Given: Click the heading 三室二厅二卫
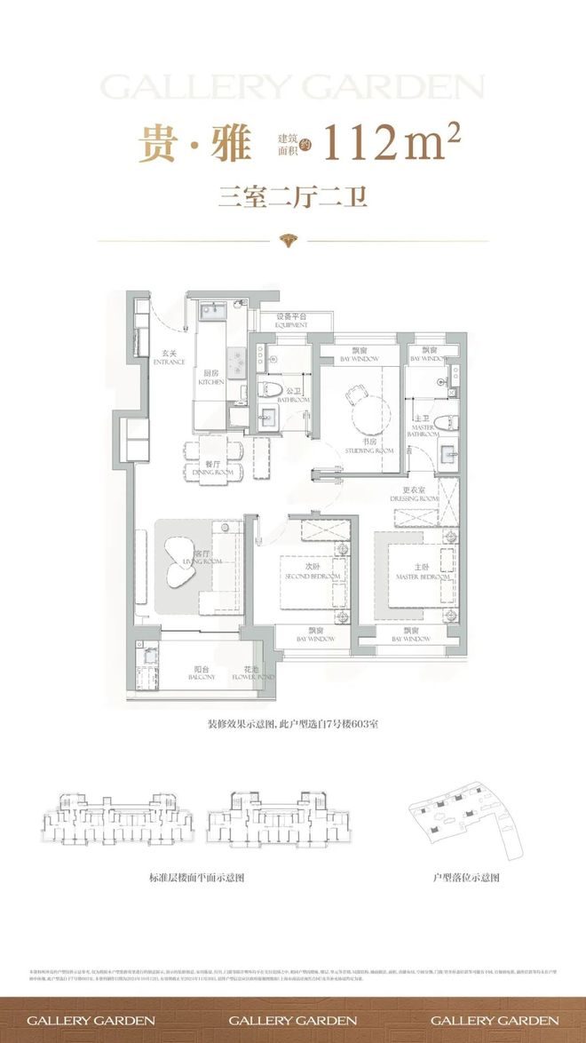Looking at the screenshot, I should coord(293,197).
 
